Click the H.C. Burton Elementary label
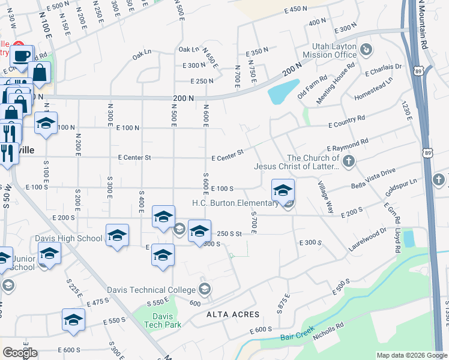(x=235, y=203)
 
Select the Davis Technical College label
(x=152, y=290)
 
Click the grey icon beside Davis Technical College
(x=205, y=290)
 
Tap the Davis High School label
(x=68, y=238)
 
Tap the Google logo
(x=20, y=353)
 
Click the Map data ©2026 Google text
(x=411, y=355)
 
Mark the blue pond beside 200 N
(x=283, y=92)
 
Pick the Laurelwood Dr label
(x=367, y=239)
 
